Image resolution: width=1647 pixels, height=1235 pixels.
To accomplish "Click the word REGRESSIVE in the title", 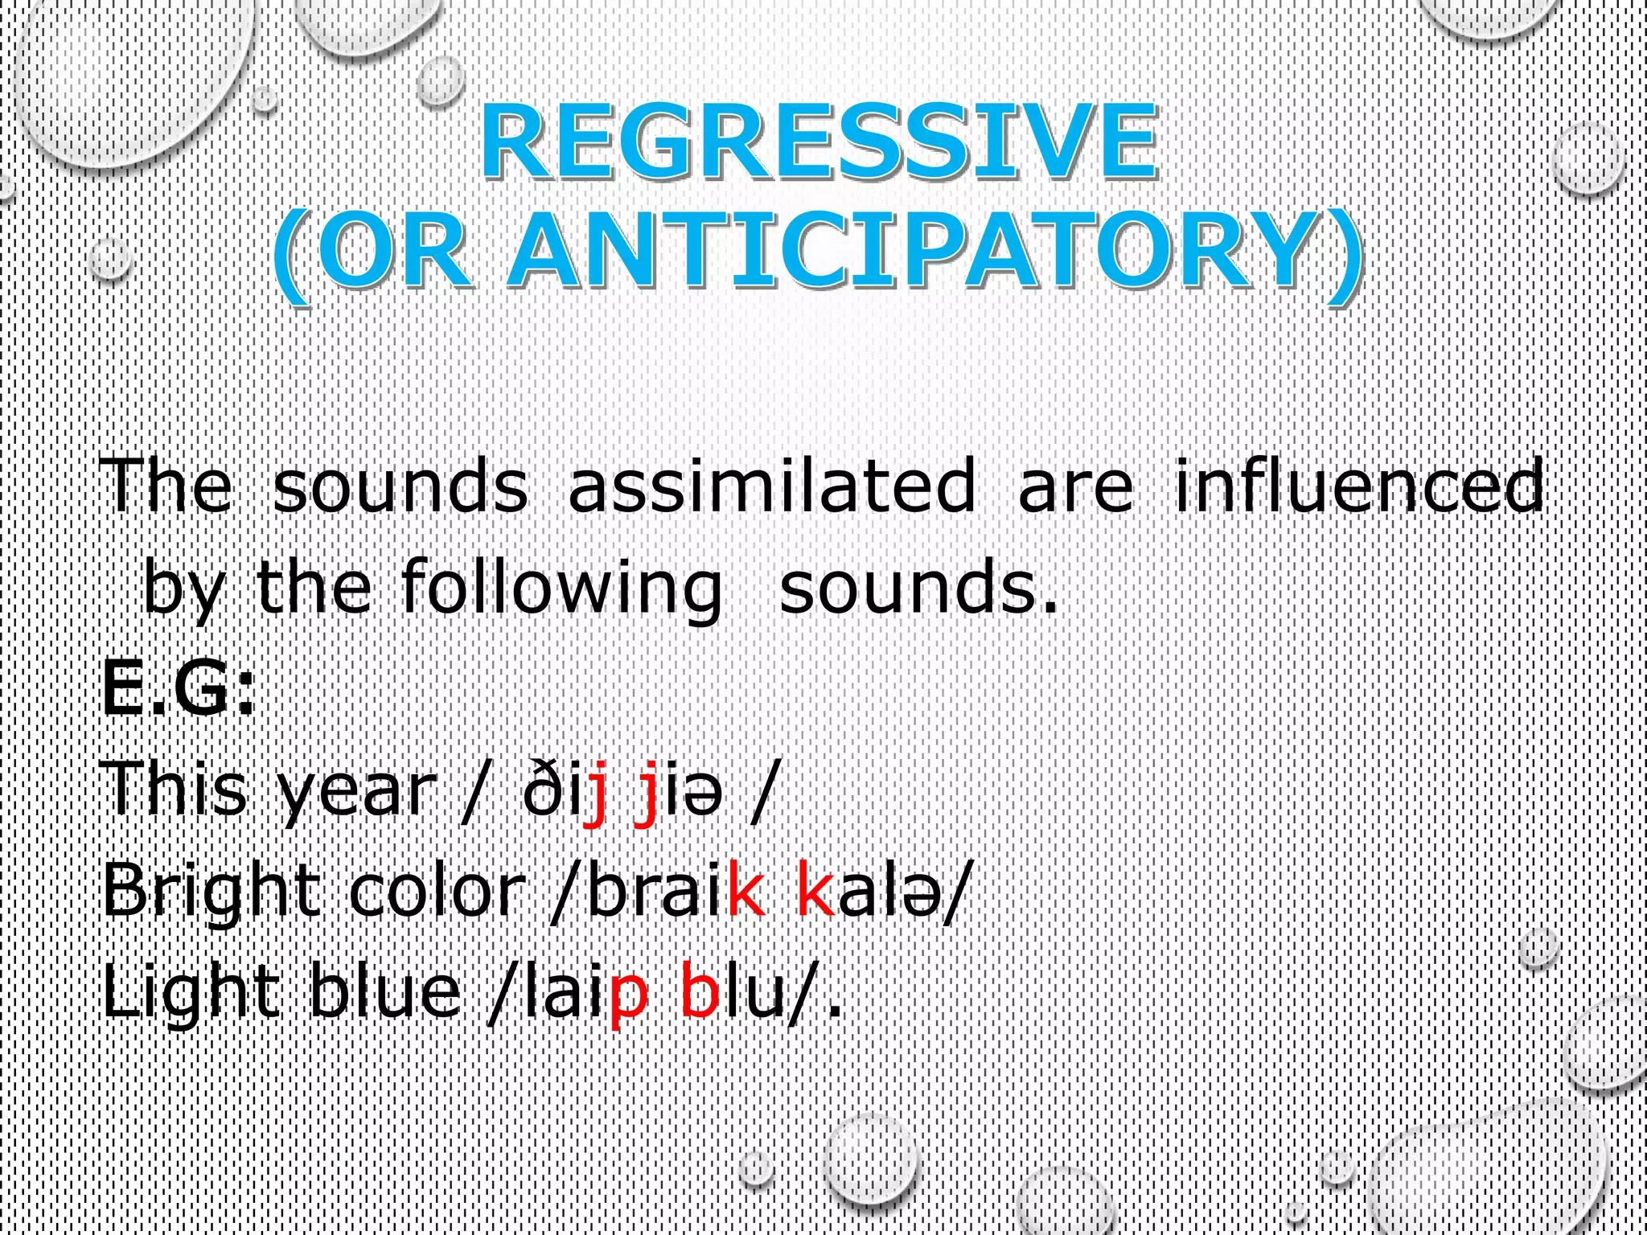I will click(819, 143).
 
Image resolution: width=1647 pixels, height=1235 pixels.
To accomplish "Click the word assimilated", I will click(772, 486).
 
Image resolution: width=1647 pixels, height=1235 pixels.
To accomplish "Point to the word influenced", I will click(1358, 486).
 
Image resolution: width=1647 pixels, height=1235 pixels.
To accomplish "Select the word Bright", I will click(211, 894).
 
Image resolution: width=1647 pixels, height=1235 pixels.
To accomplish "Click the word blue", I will click(385, 992).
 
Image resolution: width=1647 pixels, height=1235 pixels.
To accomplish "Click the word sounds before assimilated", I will click(400, 487).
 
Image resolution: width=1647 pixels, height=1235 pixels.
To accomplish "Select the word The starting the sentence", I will click(166, 486).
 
